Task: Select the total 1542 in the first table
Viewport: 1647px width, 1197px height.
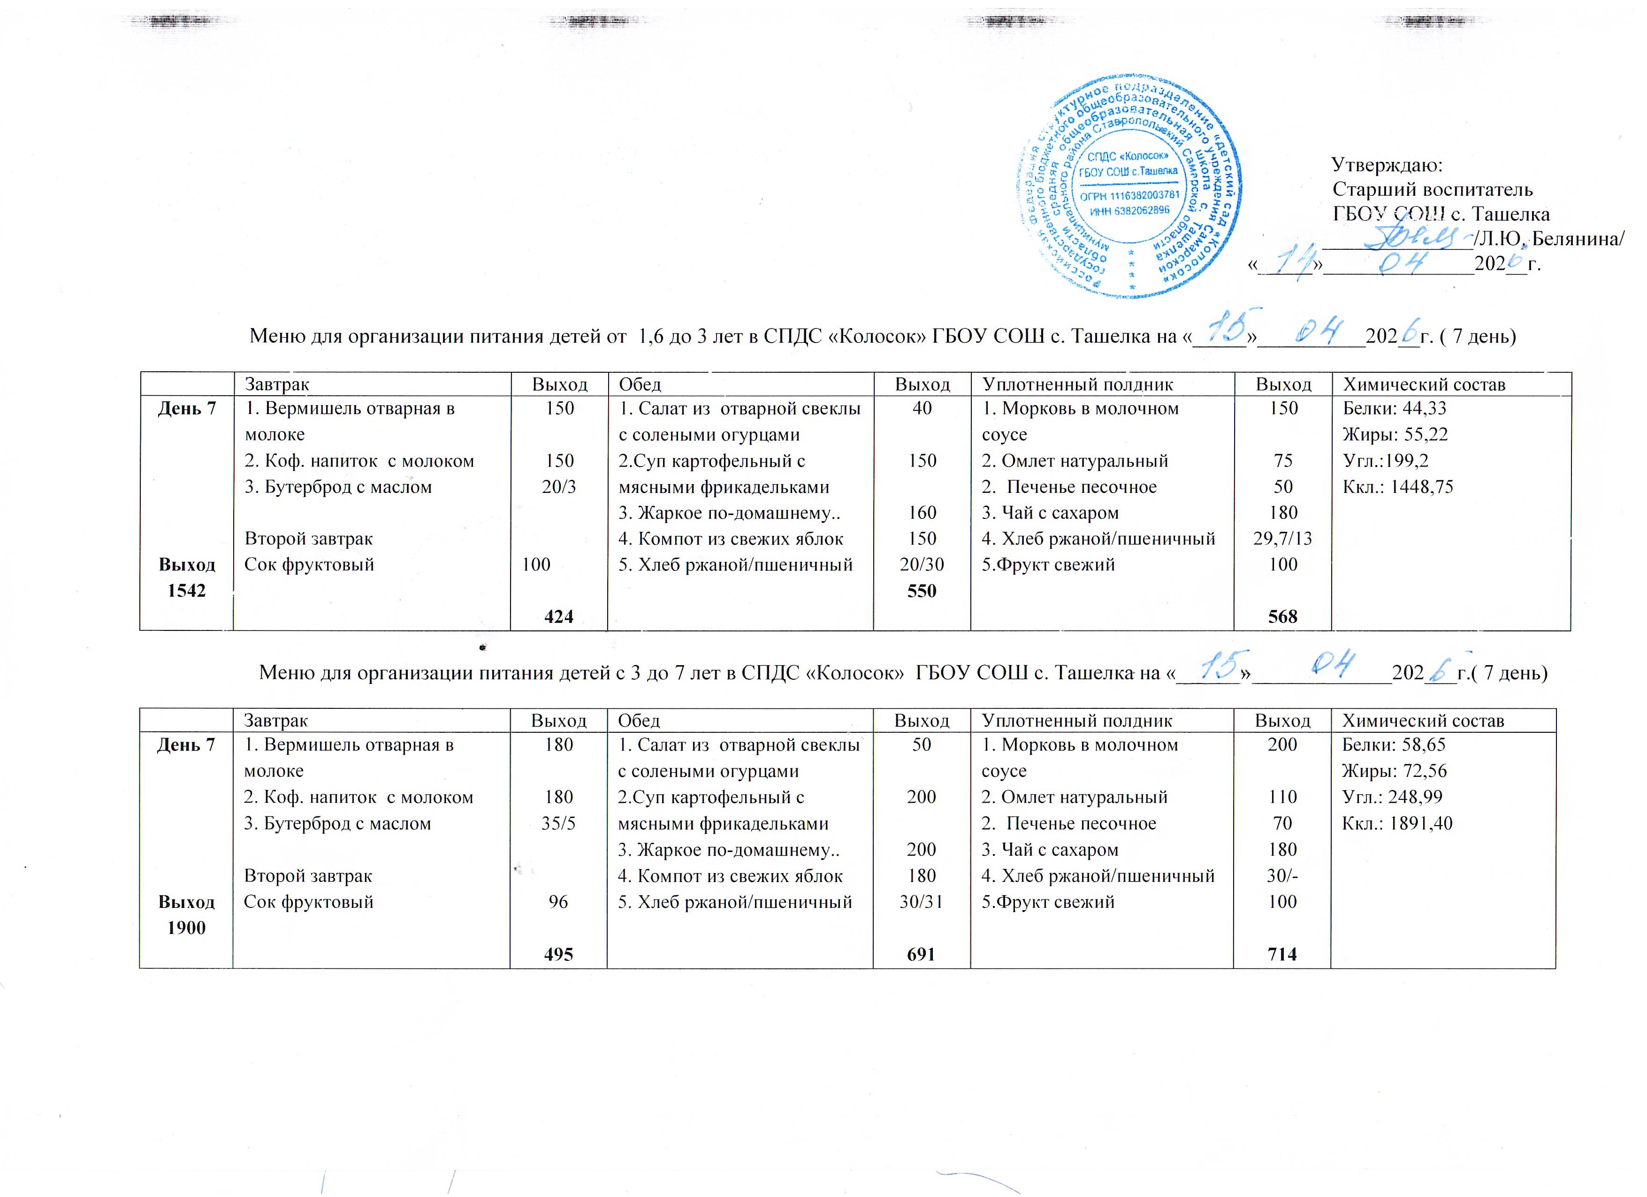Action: (x=187, y=591)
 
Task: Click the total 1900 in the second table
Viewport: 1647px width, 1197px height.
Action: (x=187, y=928)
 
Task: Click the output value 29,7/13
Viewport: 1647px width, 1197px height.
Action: (x=1283, y=538)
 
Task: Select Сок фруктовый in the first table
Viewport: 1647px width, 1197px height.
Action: (x=309, y=564)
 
